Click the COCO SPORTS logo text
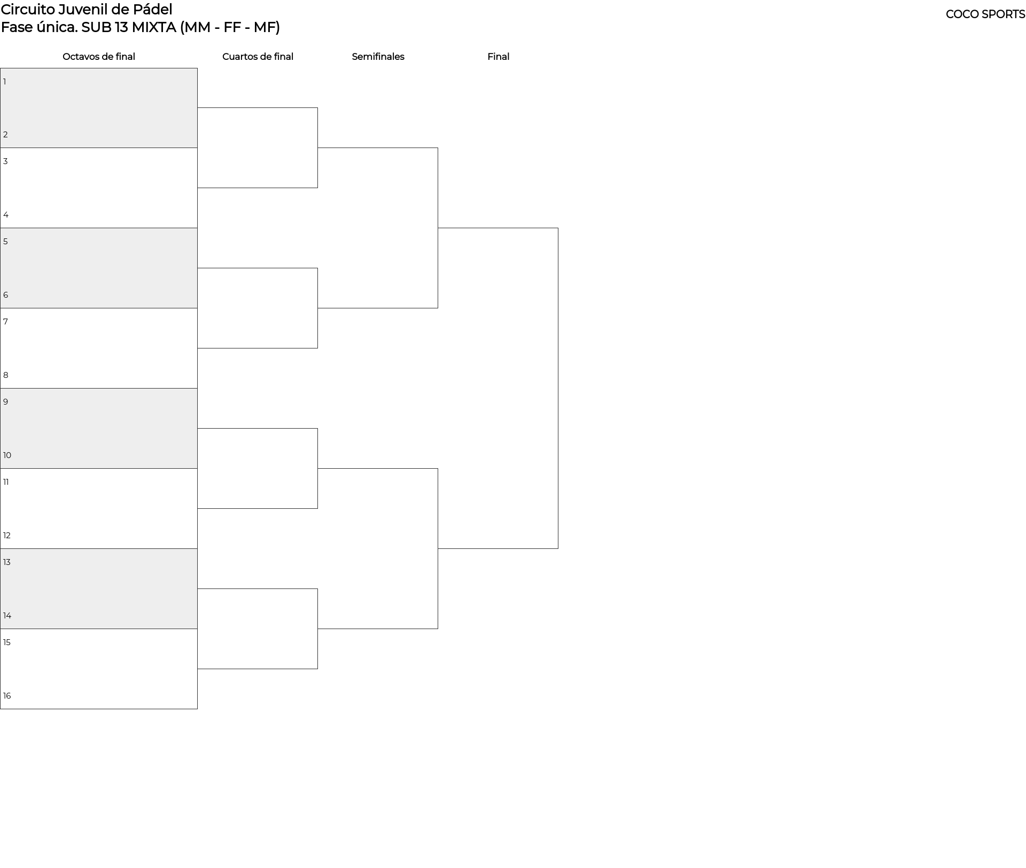[x=985, y=14]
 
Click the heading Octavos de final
[x=99, y=57]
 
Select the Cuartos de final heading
[x=258, y=57]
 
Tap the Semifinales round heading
[x=378, y=57]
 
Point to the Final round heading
[x=498, y=57]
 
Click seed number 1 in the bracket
[x=5, y=82]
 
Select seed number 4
[x=6, y=215]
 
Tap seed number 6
[x=6, y=295]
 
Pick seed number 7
[x=6, y=322]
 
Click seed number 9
[x=6, y=402]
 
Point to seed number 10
[x=7, y=455]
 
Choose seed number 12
[x=7, y=536]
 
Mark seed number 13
[x=7, y=562]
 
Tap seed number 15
[x=7, y=642]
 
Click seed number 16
[x=7, y=696]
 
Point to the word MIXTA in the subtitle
[x=154, y=27]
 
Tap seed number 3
[x=6, y=161]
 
